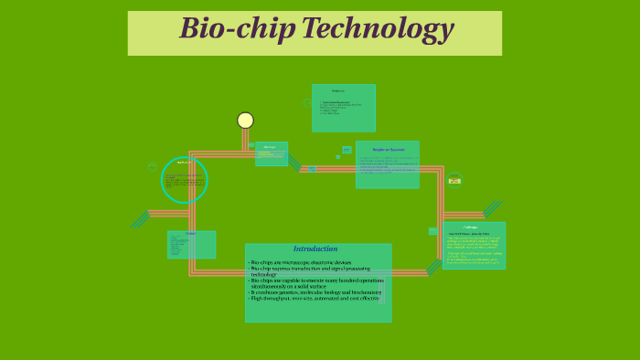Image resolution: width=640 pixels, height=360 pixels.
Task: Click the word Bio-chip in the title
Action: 237,29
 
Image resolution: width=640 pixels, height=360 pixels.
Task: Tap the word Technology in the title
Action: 377,29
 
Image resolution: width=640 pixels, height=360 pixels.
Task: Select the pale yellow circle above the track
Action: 245,121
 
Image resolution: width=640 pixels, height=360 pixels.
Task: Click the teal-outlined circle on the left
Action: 184,180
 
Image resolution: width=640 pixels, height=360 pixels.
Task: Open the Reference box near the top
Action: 343,108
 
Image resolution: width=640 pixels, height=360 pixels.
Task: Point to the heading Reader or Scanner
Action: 388,150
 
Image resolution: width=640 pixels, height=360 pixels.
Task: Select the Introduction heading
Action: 315,249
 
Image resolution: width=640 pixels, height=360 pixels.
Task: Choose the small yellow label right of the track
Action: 454,181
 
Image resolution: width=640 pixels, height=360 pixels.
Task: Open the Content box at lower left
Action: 191,245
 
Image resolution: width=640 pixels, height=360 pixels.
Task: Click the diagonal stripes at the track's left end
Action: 140,219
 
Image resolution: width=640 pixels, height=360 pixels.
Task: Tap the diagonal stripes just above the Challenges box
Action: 492,209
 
